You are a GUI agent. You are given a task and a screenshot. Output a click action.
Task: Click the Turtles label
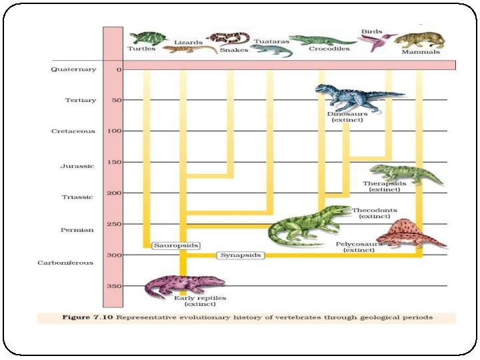pyautogui.click(x=141, y=49)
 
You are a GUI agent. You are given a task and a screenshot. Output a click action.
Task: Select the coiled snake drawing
pyautogui.click(x=227, y=39)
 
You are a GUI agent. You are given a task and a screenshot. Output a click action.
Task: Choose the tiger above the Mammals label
pyautogui.click(x=420, y=39)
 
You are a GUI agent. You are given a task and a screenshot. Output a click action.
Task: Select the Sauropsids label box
pyautogui.click(x=176, y=245)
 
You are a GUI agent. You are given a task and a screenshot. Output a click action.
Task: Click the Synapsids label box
pyautogui.click(x=241, y=255)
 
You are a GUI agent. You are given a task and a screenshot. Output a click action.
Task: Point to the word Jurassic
pyautogui.click(x=82, y=165)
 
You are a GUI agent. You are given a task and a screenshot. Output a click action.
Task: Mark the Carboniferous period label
pyautogui.click(x=65, y=263)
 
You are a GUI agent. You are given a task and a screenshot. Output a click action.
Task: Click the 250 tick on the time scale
pyautogui.click(x=114, y=224)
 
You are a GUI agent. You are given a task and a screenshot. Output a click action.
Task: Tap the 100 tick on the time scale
pyautogui.click(x=114, y=131)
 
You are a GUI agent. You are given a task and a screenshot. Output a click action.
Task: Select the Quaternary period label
pyautogui.click(x=73, y=69)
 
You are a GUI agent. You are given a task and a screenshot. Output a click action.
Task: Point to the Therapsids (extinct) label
pyautogui.click(x=384, y=186)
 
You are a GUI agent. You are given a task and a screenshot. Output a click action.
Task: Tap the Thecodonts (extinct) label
pyautogui.click(x=374, y=213)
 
